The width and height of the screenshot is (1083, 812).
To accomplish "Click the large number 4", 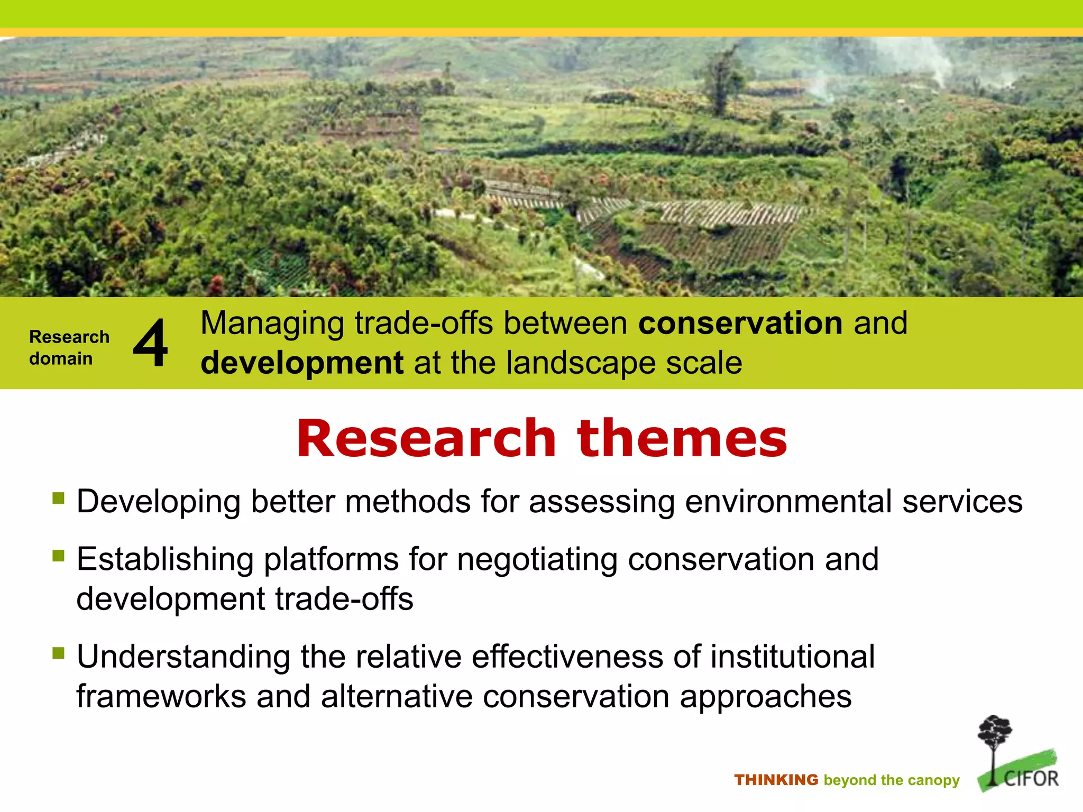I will pyautogui.click(x=151, y=344).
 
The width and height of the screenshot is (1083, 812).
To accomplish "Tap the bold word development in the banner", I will pyautogui.click(x=302, y=363).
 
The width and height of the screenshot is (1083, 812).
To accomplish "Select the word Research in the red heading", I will pyautogui.click(x=426, y=438).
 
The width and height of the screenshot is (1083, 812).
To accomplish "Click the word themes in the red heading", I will pyautogui.click(x=682, y=438).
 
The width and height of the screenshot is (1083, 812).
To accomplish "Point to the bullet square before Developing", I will pyautogui.click(x=58, y=498).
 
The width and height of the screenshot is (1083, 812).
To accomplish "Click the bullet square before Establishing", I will pyautogui.click(x=58, y=556).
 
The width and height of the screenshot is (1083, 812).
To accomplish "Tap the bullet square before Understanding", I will pyautogui.click(x=58, y=653).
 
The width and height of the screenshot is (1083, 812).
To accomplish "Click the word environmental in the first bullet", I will pyautogui.click(x=788, y=502).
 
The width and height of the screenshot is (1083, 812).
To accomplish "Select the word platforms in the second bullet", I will pyautogui.click(x=331, y=559).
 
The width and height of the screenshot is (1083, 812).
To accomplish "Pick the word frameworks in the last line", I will pyautogui.click(x=161, y=696).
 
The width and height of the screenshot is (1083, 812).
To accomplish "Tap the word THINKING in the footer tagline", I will pyautogui.click(x=776, y=780).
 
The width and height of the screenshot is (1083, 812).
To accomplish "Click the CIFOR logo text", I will pyautogui.click(x=1031, y=779).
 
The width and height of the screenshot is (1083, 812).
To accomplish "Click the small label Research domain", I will pyautogui.click(x=69, y=347).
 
